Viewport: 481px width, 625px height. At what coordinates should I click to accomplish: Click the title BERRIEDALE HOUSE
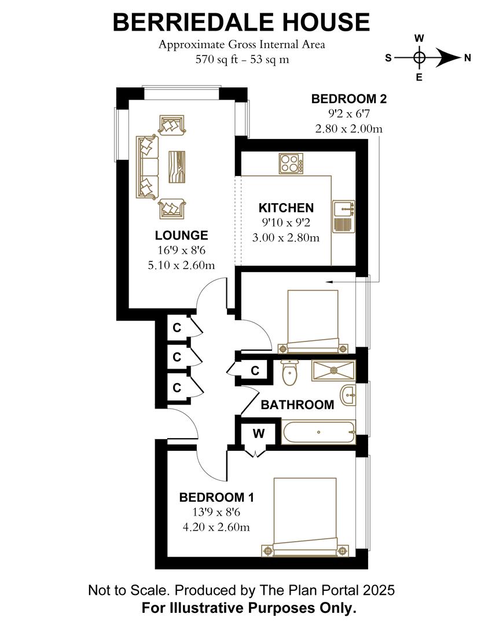pos(241,22)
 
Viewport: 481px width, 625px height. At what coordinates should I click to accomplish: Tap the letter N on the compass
pos(467,57)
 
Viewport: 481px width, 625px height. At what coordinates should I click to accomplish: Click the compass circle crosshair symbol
pos(420,57)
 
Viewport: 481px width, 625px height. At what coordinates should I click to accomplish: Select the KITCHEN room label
pos(286,208)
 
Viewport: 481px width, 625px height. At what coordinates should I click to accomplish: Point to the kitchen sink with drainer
pos(344,216)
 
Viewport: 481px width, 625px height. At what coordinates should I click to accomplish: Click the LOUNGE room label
pos(181,236)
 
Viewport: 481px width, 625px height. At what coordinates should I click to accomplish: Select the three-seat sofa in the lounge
pos(147,167)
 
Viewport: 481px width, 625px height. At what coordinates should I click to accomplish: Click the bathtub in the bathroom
pos(318,432)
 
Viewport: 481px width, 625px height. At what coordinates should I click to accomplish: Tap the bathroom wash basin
pos(348,395)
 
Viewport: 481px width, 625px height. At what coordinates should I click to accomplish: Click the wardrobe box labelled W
pos(258,433)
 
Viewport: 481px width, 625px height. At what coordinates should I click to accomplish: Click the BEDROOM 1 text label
pos(216,498)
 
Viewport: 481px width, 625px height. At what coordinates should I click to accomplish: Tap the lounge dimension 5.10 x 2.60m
pos(181,266)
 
